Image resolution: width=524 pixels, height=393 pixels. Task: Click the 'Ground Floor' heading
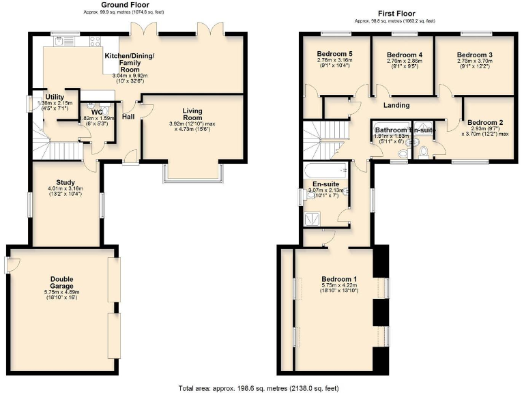[130, 5]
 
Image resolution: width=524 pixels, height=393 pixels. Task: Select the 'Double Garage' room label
[65, 282]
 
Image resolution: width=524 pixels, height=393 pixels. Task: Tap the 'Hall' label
[128, 117]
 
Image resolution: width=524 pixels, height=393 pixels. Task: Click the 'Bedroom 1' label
[339, 278]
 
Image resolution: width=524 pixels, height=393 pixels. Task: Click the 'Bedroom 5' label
[335, 54]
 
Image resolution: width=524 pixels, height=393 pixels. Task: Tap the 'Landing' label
[396, 105]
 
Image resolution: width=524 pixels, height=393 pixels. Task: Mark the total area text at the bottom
[258, 388]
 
